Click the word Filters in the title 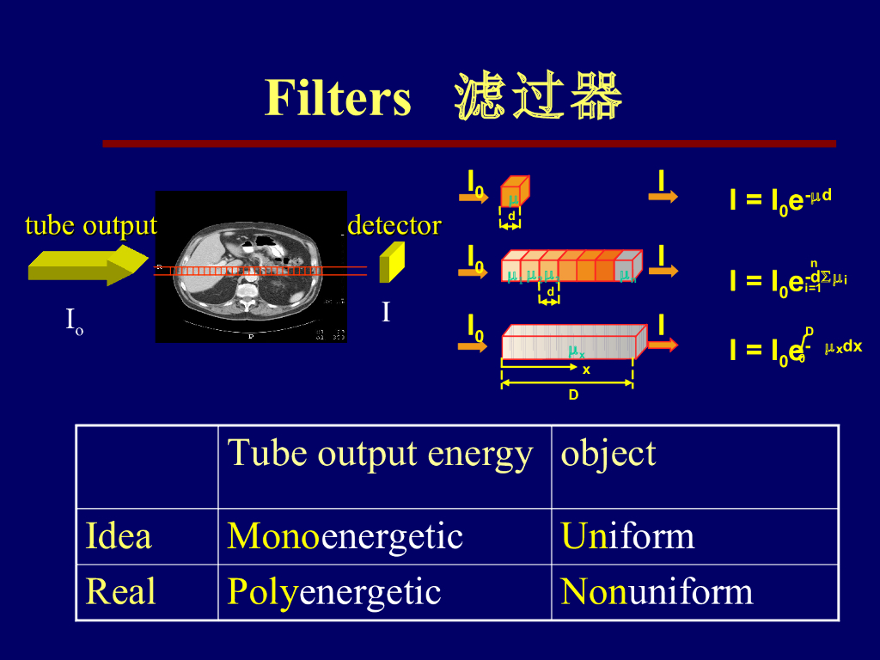coord(338,97)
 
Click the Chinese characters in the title coord(539,97)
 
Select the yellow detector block coord(392,262)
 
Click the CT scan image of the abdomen coord(251,266)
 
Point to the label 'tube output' coord(91,226)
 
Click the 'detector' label coord(394,225)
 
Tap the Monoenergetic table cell coord(345,537)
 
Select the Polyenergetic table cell coord(333,592)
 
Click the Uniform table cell coord(627,537)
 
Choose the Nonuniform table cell coord(657,592)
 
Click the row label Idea coord(119,537)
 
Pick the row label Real coord(120,592)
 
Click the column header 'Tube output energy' coord(379,454)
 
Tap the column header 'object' coord(608,454)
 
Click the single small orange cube coord(514,192)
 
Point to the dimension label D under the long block coord(573,394)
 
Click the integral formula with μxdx coord(795,347)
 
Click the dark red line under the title coord(468,144)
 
